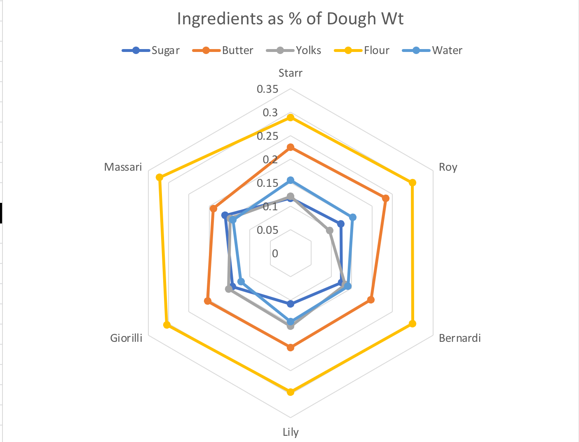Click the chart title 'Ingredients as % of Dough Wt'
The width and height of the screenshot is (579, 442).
tap(290, 19)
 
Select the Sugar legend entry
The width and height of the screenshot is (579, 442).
tap(165, 50)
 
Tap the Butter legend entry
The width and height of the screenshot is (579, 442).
tap(237, 50)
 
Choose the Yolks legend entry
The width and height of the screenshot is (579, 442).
tap(308, 50)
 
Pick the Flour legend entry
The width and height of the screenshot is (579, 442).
tap(376, 50)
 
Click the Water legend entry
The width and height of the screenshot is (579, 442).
tap(447, 50)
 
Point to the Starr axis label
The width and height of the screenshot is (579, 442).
tap(291, 73)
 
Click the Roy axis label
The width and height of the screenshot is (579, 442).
tap(448, 167)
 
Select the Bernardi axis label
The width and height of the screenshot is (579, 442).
tap(459, 339)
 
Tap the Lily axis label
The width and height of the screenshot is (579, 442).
tap(291, 432)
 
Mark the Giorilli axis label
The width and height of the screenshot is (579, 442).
tap(126, 339)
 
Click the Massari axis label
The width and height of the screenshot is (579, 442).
tap(123, 167)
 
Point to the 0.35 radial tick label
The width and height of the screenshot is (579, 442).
tap(267, 89)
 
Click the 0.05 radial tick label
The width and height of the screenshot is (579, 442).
tap(267, 230)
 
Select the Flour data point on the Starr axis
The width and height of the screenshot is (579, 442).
tap(291, 118)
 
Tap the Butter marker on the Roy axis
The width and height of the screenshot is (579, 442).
tap(385, 198)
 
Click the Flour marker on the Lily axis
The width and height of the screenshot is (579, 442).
tap(291, 392)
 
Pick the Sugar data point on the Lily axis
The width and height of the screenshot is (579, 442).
tap(291, 304)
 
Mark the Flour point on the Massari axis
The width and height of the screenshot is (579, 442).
tap(160, 177)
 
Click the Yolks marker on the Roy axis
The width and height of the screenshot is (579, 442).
tap(330, 230)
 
